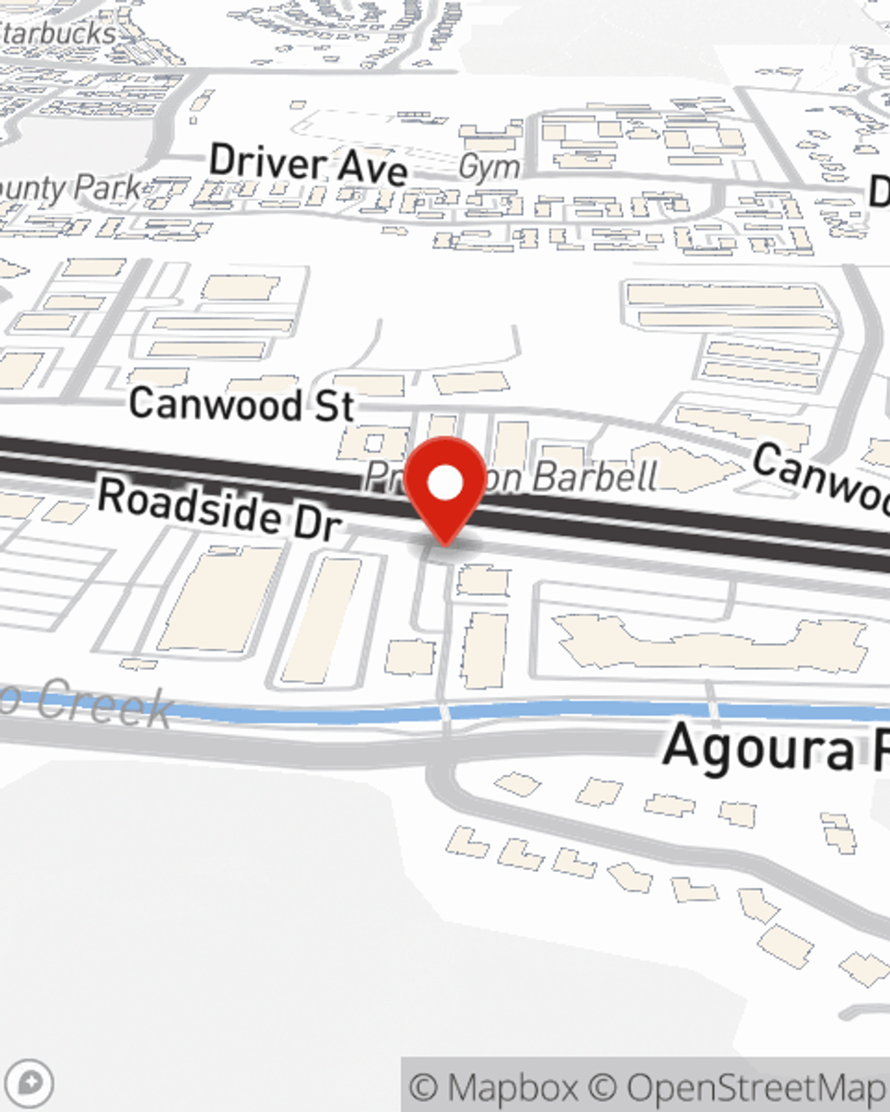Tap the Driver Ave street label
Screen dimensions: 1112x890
[x=308, y=165]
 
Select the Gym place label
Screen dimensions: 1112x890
[x=489, y=166]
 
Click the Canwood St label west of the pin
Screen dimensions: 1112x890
[x=241, y=404]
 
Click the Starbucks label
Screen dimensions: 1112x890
[x=59, y=34]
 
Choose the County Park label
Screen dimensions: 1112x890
[x=71, y=188]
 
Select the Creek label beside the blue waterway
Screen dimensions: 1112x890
[x=98, y=703]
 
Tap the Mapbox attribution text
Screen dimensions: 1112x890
[x=494, y=1087]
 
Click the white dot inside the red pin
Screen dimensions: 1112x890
[x=446, y=483]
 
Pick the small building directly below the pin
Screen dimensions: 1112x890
[x=483, y=580]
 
